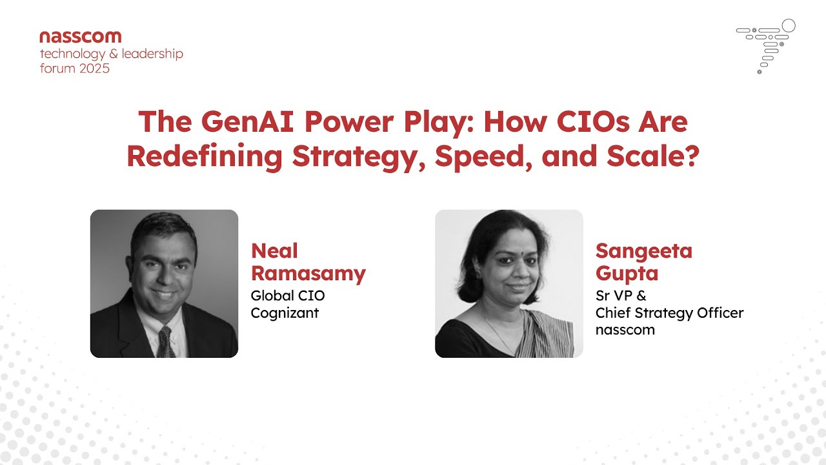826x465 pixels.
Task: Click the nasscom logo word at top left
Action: (80, 37)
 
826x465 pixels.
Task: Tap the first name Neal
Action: (274, 251)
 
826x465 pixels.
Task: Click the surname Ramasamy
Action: (308, 273)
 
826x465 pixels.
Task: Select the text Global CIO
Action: (288, 296)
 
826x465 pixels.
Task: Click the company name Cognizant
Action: (285, 313)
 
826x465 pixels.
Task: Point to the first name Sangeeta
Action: (643, 251)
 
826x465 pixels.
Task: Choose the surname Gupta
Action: (627, 273)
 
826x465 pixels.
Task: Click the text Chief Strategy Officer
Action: (669, 313)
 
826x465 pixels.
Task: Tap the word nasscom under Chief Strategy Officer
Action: (625, 329)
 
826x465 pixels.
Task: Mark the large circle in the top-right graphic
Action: (788, 26)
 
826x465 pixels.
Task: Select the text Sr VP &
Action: (621, 296)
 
